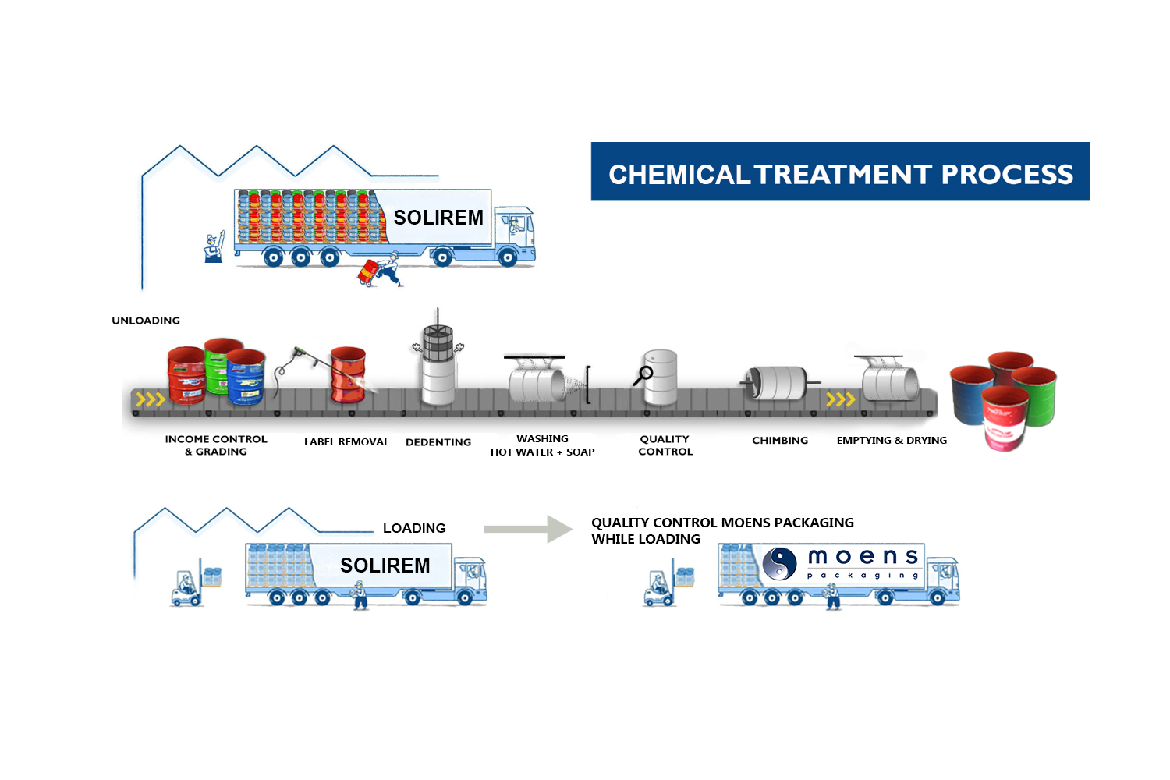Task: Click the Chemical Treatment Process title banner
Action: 840,172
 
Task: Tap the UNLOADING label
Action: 146,321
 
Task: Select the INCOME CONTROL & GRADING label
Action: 216,445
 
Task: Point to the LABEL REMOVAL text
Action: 346,442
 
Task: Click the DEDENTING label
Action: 438,442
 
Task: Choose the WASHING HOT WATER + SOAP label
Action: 542,445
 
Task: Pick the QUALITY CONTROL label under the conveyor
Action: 665,445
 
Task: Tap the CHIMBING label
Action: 780,441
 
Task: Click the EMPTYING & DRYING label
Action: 892,441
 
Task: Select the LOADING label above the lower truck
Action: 414,528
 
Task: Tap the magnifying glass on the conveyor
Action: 643,375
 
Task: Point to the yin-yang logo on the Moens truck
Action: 779,562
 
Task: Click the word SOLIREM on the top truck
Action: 438,218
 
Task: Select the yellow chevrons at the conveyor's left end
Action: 151,400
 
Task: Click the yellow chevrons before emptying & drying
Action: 841,400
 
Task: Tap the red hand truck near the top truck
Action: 367,272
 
